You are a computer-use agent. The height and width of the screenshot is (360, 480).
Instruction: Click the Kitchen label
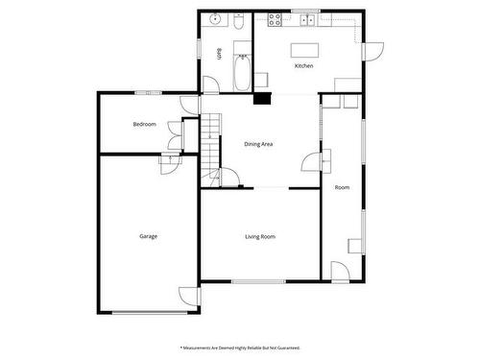point(303,66)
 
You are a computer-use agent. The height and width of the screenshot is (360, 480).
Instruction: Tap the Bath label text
point(220,53)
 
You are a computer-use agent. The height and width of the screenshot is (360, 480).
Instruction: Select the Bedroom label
point(144,125)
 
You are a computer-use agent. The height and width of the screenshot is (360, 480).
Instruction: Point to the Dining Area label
point(258,144)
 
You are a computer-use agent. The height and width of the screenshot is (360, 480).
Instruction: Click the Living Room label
point(260,235)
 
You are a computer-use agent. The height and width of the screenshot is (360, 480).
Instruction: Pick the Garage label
point(148,236)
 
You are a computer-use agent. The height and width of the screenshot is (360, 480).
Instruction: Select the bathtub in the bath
point(241,70)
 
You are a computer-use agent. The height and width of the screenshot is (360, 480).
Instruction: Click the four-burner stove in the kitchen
point(276,17)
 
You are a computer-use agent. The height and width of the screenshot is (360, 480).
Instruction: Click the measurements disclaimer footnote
point(240,347)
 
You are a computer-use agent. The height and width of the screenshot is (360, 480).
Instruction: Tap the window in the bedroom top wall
point(147,92)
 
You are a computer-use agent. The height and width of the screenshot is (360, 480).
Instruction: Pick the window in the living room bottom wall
point(259,281)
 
